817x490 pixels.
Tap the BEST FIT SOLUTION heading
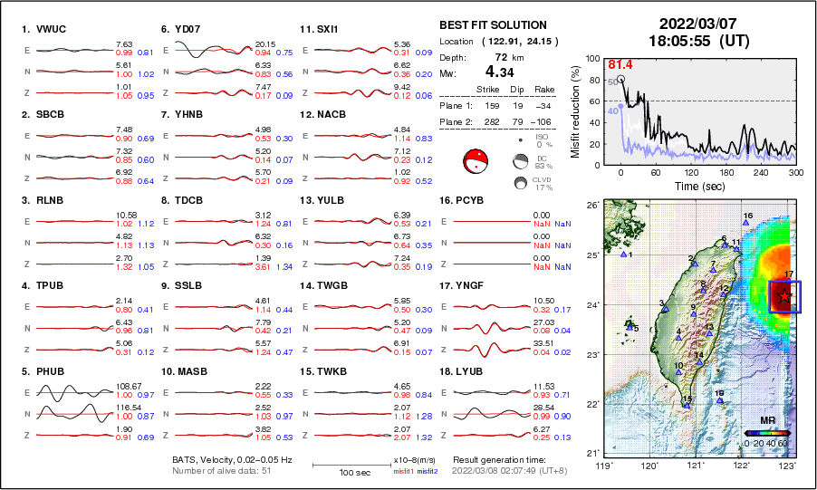[x=493, y=25]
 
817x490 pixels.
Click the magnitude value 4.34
[x=499, y=71]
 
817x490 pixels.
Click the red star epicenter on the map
[x=784, y=295]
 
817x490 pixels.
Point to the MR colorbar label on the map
[x=766, y=421]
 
